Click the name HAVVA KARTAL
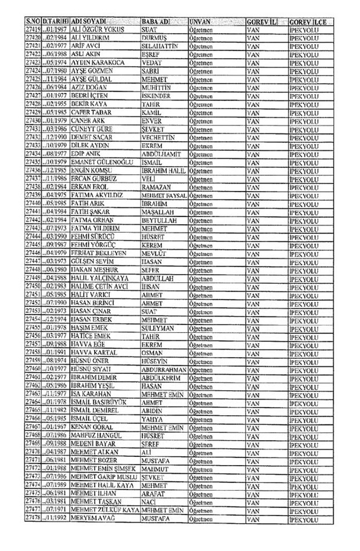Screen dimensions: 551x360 click(x=94, y=353)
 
